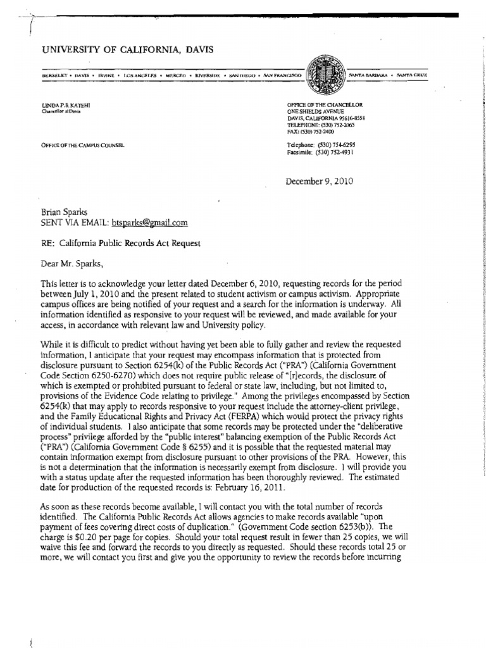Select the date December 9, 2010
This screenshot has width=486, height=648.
point(320,181)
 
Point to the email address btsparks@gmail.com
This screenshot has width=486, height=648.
point(149,223)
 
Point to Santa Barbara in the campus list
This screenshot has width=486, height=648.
point(370,75)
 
